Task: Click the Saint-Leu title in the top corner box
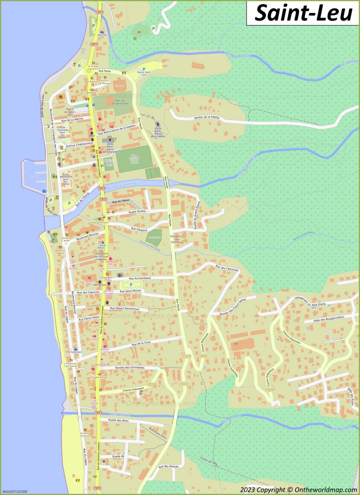coord(303,13)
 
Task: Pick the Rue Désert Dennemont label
coord(125,309)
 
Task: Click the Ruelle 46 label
coord(118,456)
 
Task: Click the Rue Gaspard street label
coord(139,229)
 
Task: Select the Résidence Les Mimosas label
coord(176,239)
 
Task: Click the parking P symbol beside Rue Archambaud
coord(131,285)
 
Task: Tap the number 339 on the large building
coord(235,344)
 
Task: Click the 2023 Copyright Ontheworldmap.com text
coord(298,489)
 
